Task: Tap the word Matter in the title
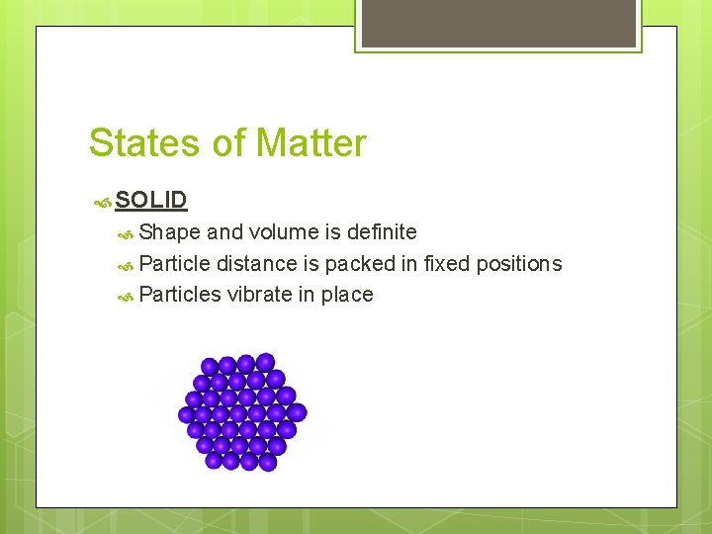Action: pyautogui.click(x=310, y=143)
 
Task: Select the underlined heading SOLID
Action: pyautogui.click(x=150, y=200)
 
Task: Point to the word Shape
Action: pyautogui.click(x=169, y=232)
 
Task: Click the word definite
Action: pyautogui.click(x=380, y=232)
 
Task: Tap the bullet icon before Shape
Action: pyautogui.click(x=127, y=233)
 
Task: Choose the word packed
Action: pyautogui.click(x=360, y=264)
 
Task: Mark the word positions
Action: pyautogui.click(x=519, y=264)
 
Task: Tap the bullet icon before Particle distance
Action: pyautogui.click(x=127, y=265)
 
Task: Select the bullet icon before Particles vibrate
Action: pyautogui.click(x=127, y=296)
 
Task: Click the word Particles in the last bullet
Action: pyautogui.click(x=180, y=295)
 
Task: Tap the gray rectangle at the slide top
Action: pyautogui.click(x=497, y=23)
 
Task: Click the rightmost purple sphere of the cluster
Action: pyautogui.click(x=297, y=412)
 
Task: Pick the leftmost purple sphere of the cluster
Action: pyautogui.click(x=187, y=414)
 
